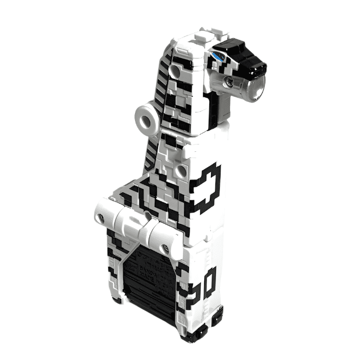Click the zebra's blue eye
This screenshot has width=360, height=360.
click(218, 55)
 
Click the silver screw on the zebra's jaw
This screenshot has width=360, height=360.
click(228, 83)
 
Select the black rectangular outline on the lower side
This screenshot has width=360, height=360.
click(209, 282)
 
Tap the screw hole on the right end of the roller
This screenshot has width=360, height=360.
click(165, 248)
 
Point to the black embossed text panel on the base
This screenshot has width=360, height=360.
click(147, 281)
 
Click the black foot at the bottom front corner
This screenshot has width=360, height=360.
click(192, 336)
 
